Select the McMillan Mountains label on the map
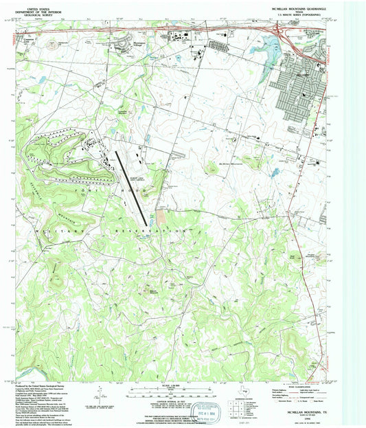point(231,164)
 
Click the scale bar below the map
point(163,396)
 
